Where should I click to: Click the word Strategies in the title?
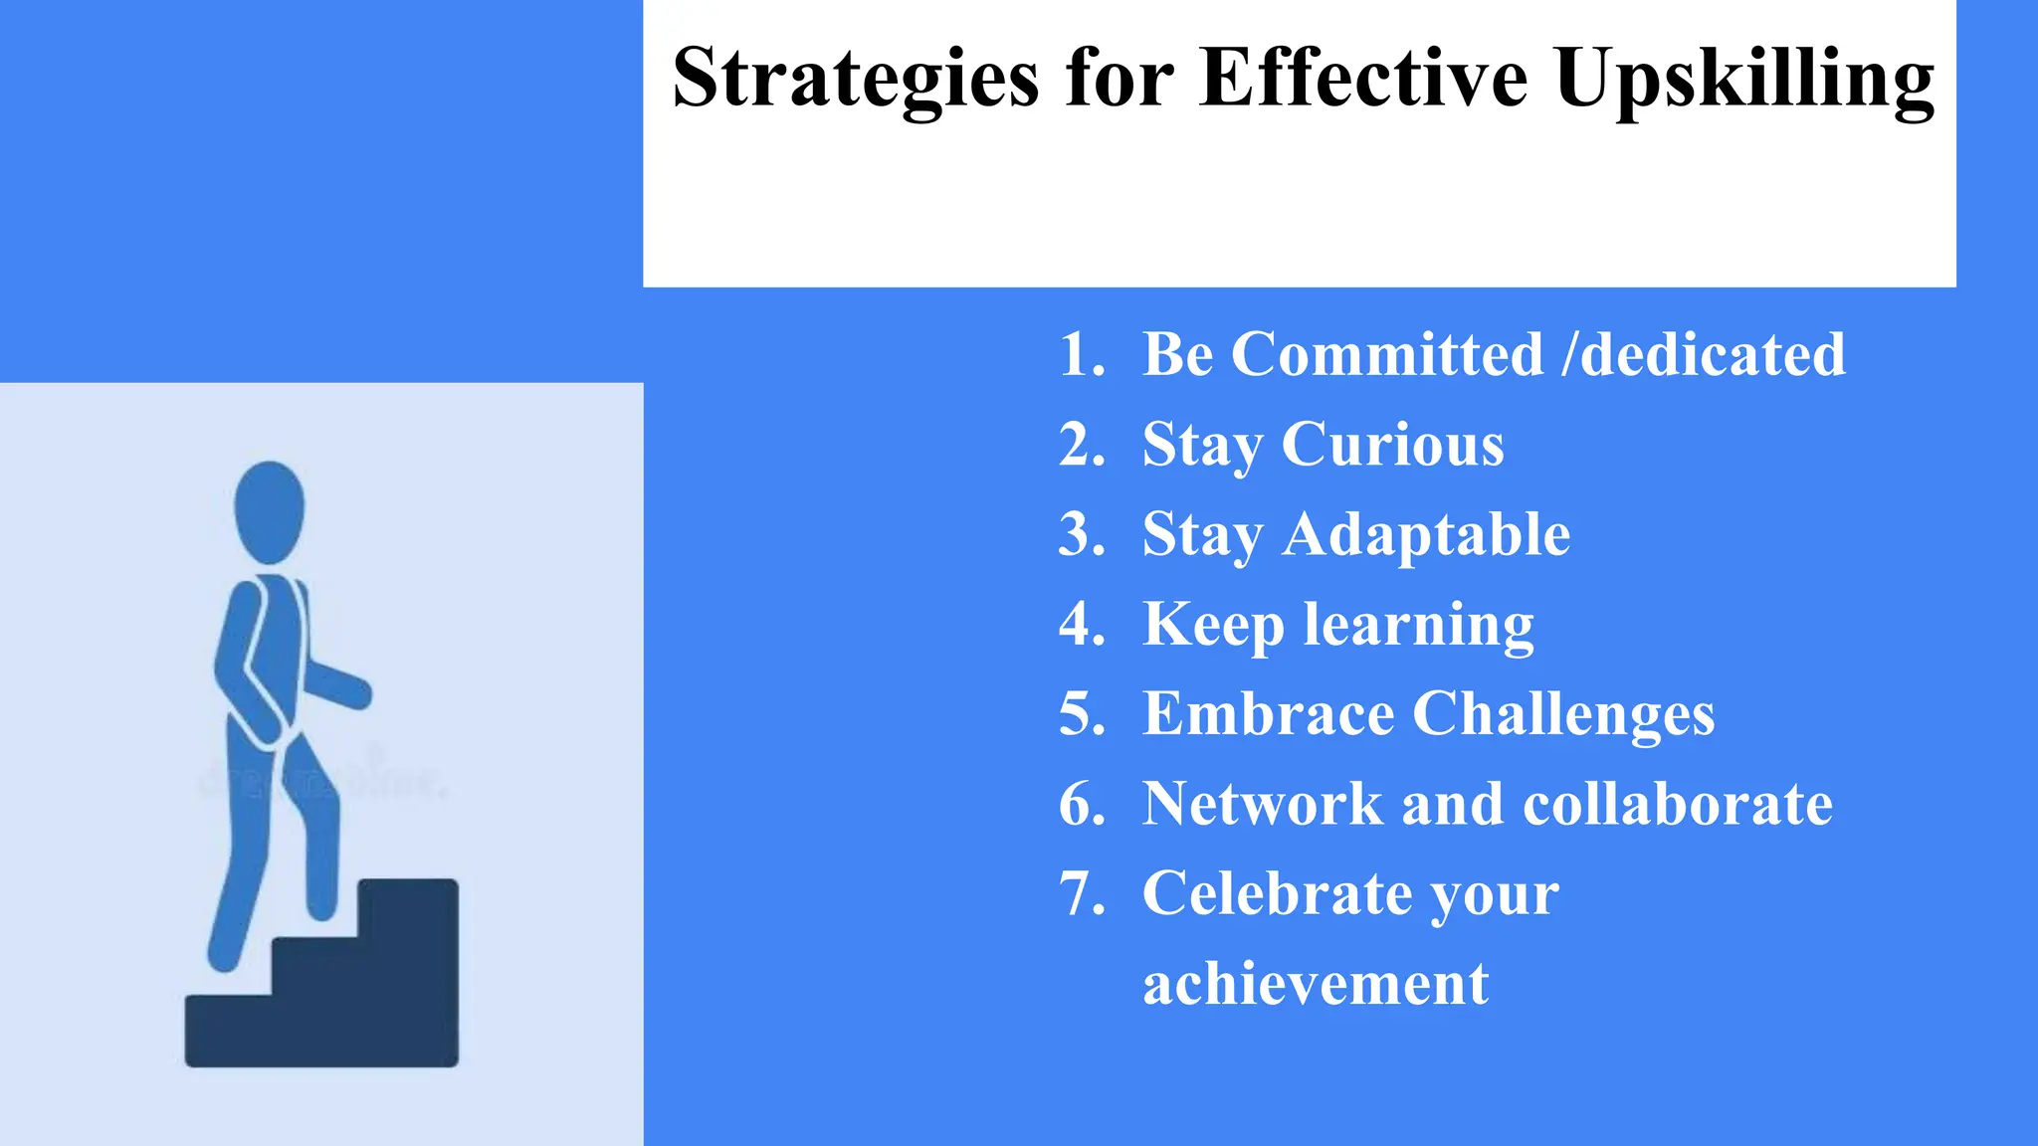coord(856,80)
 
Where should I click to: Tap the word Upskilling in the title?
coord(1744,80)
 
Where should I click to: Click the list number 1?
coord(1081,354)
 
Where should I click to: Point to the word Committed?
coord(1387,354)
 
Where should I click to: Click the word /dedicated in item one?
coord(1704,354)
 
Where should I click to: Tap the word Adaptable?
coord(1426,535)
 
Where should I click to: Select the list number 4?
coord(1081,625)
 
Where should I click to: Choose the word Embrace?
coord(1268,714)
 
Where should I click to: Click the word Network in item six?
coord(1262,804)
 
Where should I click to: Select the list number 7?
coord(1081,893)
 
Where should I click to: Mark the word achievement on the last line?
coord(1316,985)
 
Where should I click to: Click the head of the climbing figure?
coord(269,510)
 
